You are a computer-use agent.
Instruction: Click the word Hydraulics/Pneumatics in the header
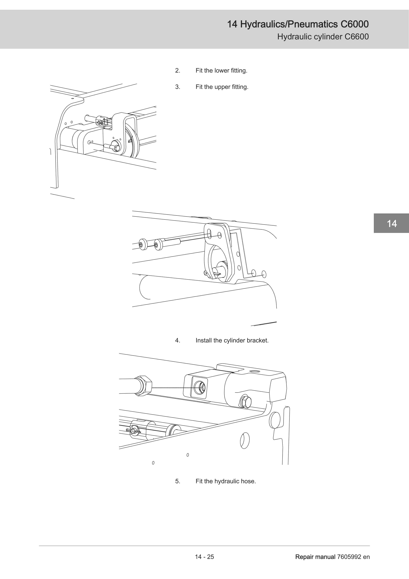click(x=289, y=24)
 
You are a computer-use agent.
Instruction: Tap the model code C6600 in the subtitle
click(x=357, y=37)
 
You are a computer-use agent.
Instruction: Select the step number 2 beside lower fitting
click(x=178, y=71)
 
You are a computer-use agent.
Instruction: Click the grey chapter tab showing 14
click(x=391, y=223)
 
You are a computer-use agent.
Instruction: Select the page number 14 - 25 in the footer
click(x=204, y=557)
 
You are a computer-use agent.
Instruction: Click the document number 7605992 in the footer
click(x=349, y=557)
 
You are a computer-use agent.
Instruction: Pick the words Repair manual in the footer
click(x=315, y=557)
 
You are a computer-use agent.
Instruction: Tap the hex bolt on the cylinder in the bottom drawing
click(x=245, y=402)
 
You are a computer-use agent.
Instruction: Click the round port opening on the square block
click(x=200, y=388)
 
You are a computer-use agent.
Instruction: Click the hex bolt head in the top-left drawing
click(x=116, y=147)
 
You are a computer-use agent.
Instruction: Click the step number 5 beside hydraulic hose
click(x=178, y=481)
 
